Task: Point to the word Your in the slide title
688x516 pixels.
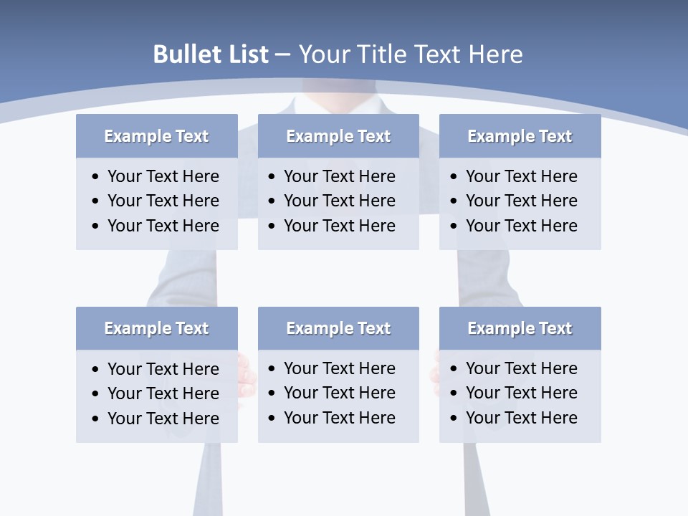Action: [x=322, y=54]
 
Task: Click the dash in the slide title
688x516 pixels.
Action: [x=282, y=55]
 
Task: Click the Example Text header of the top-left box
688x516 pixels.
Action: [x=156, y=136]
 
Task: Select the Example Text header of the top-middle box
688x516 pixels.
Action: [x=338, y=136]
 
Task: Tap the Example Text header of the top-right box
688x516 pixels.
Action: [x=520, y=136]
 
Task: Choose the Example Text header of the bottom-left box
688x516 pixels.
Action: [x=156, y=328]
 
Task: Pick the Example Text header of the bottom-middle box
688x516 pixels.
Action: [x=338, y=328]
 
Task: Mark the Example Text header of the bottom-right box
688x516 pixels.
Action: [x=520, y=328]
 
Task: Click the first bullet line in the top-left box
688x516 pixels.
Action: [x=163, y=176]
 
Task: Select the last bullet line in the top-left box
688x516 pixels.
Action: [x=163, y=226]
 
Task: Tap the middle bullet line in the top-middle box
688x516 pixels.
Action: [x=339, y=201]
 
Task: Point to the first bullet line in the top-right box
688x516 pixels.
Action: [x=521, y=176]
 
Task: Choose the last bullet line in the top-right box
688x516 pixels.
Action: [x=521, y=226]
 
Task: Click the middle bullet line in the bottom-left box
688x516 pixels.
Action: [x=163, y=393]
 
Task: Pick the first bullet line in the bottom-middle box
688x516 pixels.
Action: [x=339, y=368]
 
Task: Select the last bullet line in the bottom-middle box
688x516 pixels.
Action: [x=339, y=418]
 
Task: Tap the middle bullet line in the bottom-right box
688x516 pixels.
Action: [x=521, y=393]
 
